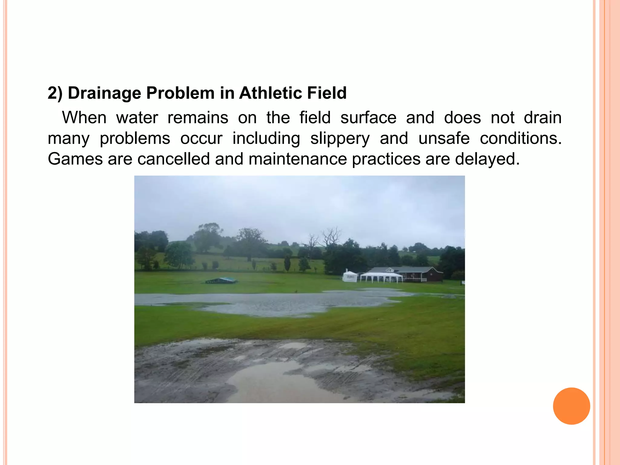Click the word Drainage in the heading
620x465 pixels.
tap(104, 93)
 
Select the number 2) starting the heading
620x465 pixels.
tap(55, 93)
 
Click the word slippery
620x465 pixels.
tap(340, 139)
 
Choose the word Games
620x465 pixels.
tap(75, 159)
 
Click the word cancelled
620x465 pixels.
tap(174, 159)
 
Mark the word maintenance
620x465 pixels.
tap(298, 159)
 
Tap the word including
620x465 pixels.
tap(266, 139)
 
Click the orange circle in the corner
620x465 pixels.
tap(571, 406)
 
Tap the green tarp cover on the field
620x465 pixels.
tap(221, 280)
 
